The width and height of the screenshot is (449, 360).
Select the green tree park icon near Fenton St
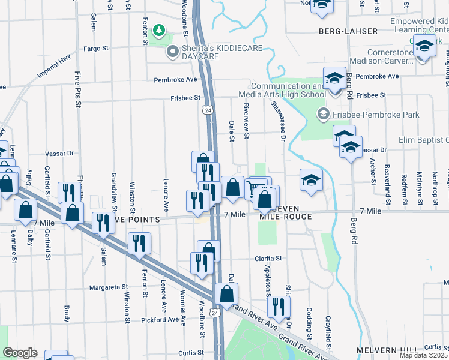[159, 29]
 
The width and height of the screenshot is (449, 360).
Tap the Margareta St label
[109, 287]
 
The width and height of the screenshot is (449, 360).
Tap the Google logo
[20, 352]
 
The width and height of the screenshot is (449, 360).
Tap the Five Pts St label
[78, 88]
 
